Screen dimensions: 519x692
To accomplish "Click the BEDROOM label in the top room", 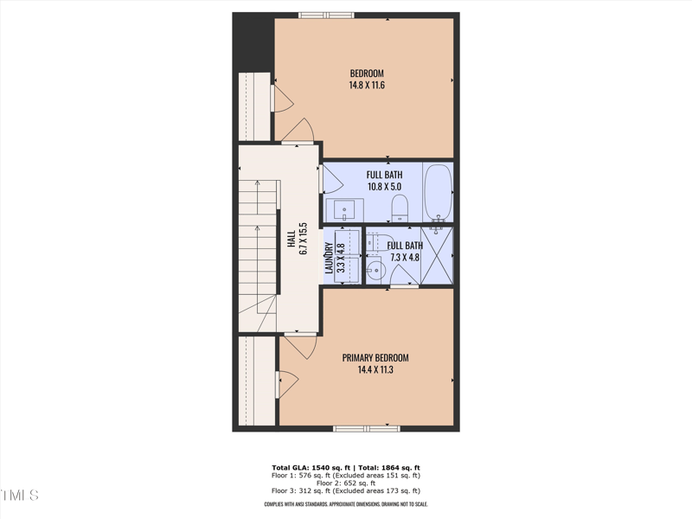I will tap(366, 74).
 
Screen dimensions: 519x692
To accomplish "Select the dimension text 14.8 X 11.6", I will tap(366, 86).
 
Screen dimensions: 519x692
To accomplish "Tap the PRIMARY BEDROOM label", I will tap(375, 358).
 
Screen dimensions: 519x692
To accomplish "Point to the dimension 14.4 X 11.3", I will tap(375, 370).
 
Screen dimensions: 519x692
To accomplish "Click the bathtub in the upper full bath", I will tap(439, 191).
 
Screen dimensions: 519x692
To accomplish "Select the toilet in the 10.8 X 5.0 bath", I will tap(400, 208).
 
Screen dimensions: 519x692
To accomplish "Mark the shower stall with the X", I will tap(437, 255).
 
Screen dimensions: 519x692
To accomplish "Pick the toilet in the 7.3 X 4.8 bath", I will tap(374, 246).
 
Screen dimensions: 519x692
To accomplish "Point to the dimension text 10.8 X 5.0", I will tap(383, 186).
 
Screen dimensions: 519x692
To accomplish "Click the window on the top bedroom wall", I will tap(326, 15).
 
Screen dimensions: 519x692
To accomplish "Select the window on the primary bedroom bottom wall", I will tap(367, 428).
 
